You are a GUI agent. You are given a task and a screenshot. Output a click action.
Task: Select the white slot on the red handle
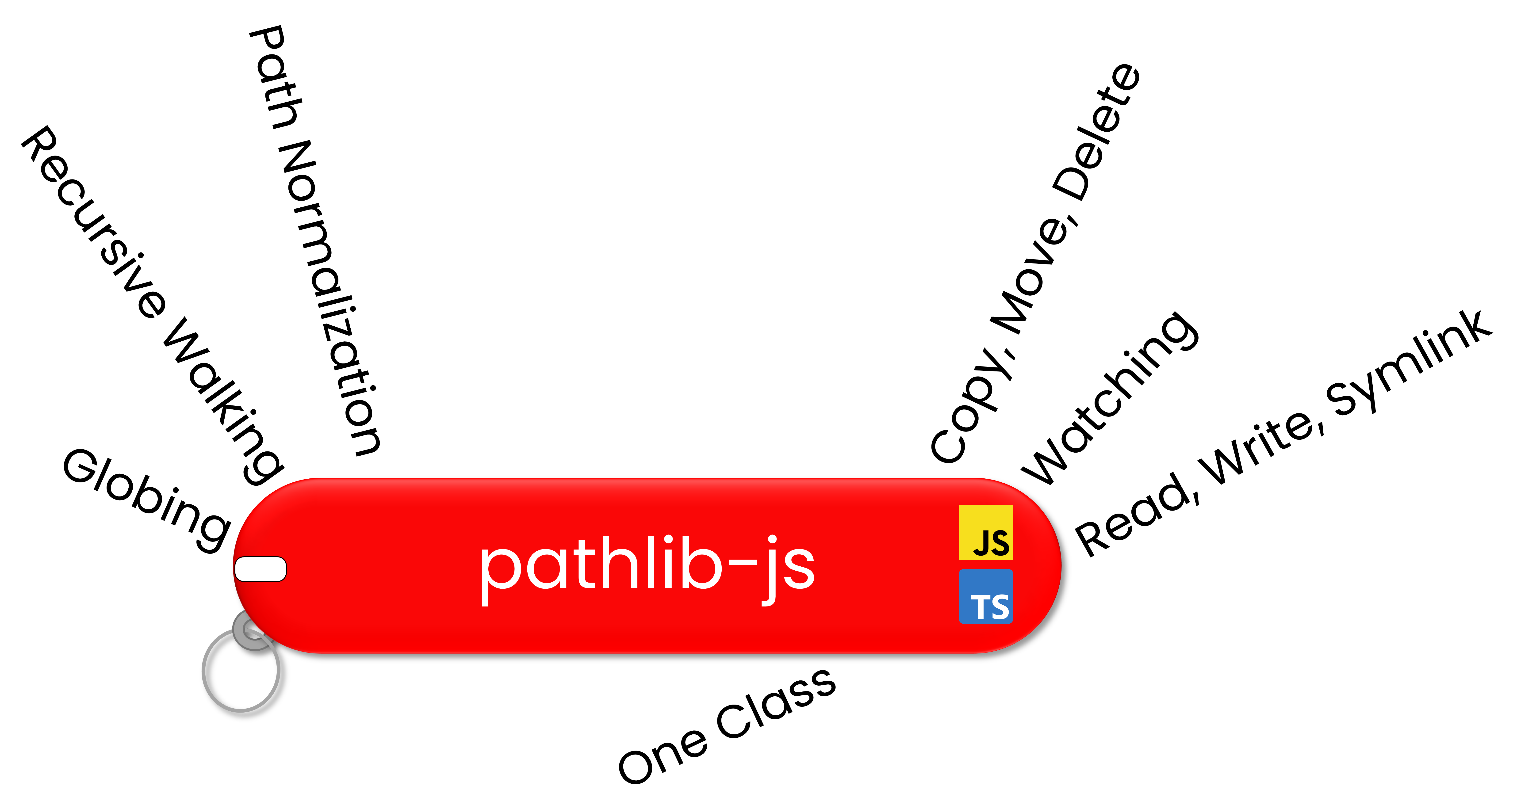(260, 569)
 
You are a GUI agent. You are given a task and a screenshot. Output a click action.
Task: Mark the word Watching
(1110, 397)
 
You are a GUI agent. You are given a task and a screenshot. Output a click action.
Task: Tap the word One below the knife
(663, 757)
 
